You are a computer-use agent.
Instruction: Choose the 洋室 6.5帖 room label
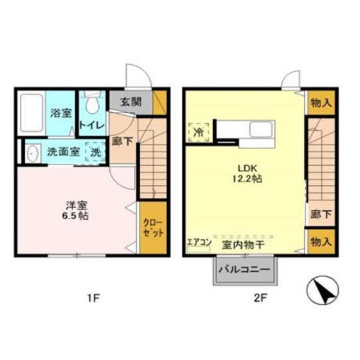[76, 210]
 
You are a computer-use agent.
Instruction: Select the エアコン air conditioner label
[199, 243]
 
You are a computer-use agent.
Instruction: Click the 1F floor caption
[94, 298]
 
